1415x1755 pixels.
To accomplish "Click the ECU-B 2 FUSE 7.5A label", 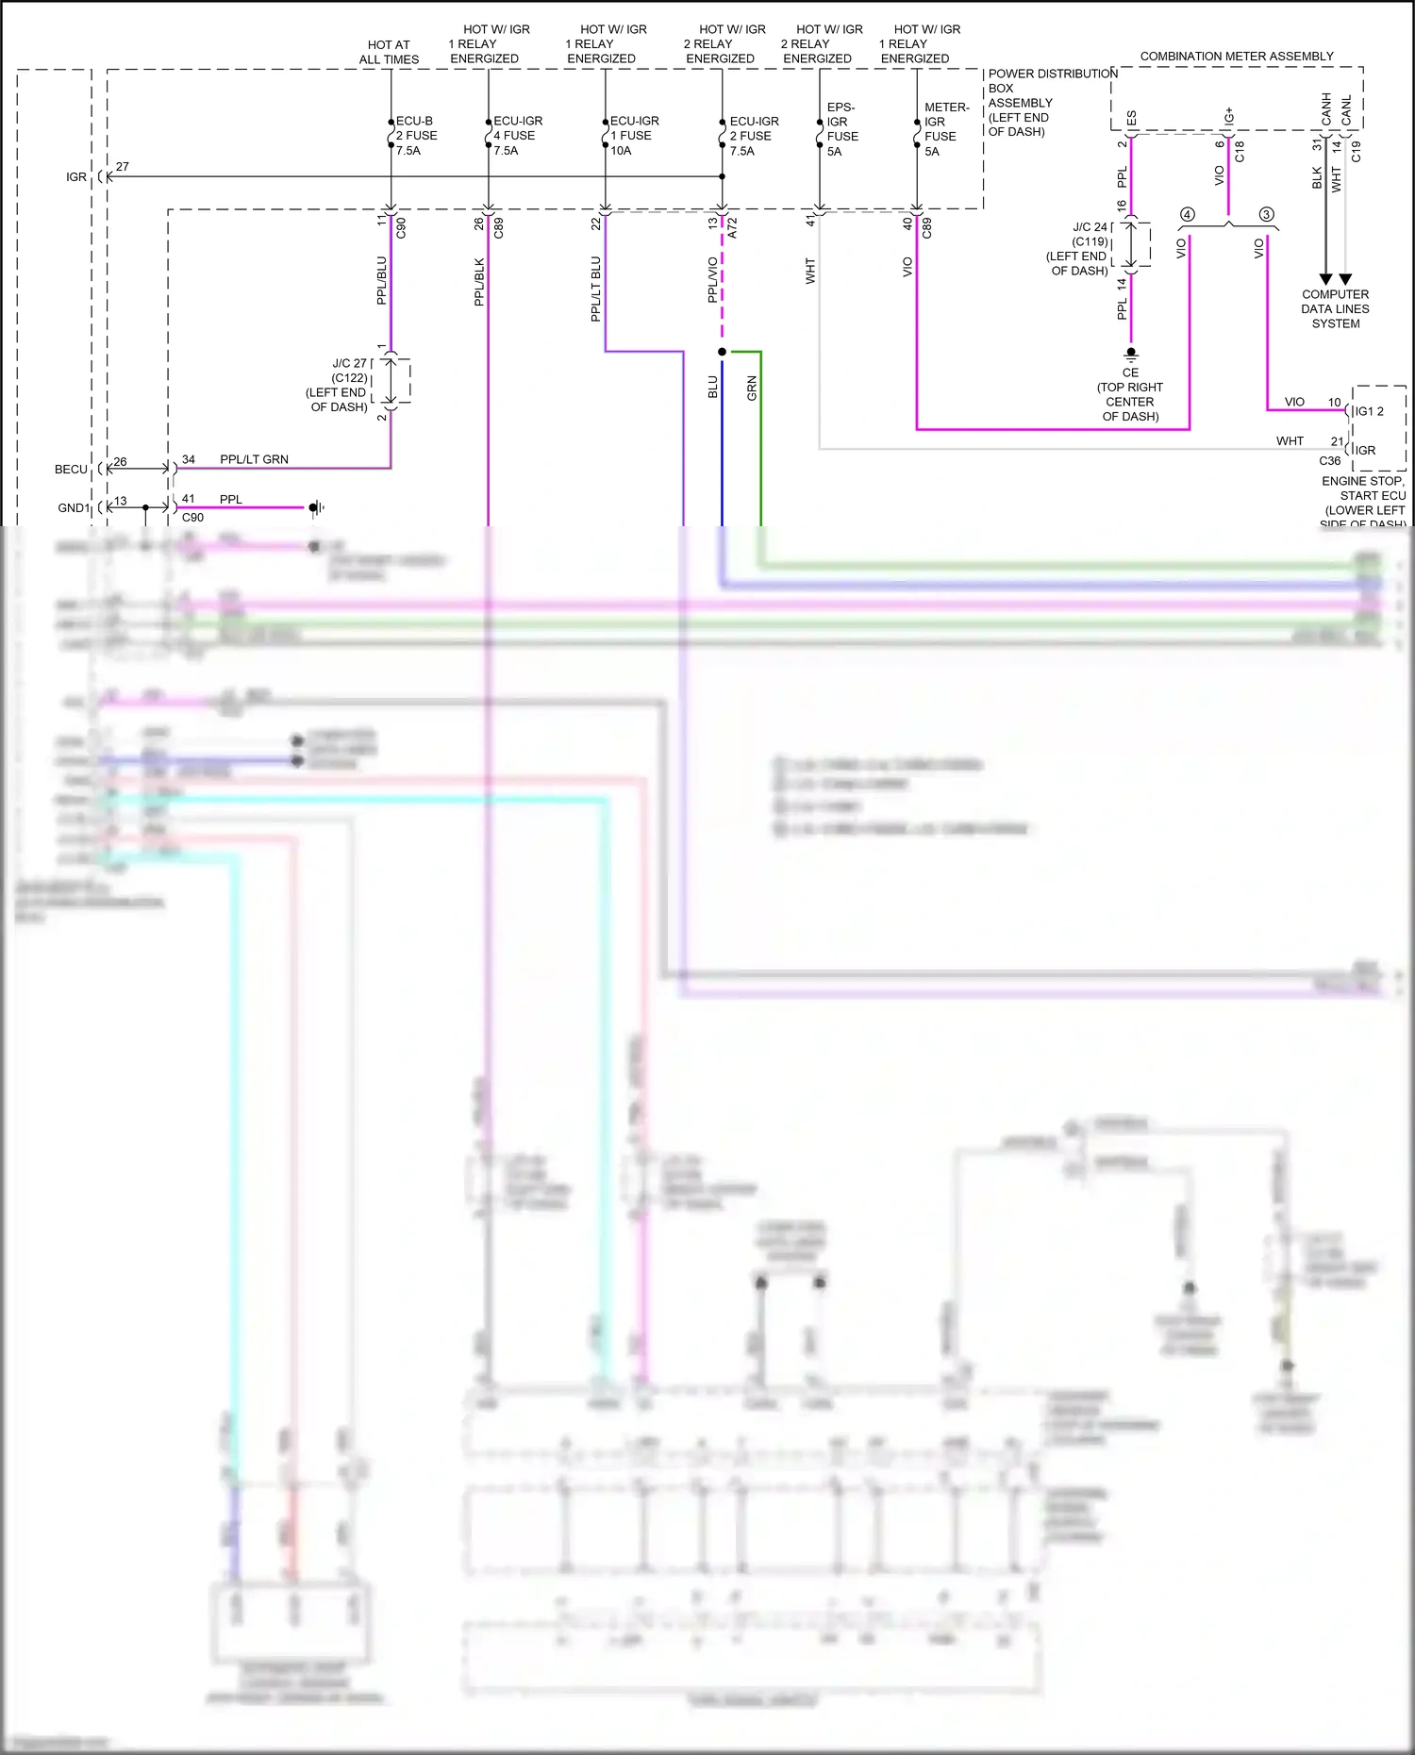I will pos(415,136).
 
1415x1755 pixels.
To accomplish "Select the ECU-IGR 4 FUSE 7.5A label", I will pos(517,136).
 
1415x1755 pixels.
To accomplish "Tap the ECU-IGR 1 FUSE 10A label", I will pos(634,136).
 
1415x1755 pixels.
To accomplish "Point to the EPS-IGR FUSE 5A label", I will pos(841,129).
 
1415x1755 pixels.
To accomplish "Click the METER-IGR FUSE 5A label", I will pos(945,129).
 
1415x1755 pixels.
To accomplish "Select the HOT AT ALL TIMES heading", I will pos(389,52).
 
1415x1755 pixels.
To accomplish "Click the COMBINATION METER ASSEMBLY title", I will pos(1236,57).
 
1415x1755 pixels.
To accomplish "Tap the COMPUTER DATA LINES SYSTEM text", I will pos(1335,309).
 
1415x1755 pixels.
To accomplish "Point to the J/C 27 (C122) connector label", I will pos(338,385).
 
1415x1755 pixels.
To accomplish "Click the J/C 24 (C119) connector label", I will pos(1078,249).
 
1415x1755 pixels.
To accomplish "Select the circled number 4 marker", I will pos(1187,215).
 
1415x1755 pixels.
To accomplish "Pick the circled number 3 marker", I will pos(1266,215).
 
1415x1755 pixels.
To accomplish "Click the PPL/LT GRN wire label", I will pos(254,459).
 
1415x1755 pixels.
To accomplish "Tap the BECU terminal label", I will pos(71,469).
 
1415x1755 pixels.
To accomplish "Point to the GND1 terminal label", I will pos(74,508).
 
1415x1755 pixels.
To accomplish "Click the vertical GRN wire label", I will pos(752,389).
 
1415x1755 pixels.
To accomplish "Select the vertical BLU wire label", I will pos(713,388).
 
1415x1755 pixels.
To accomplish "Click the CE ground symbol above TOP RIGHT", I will pos(1130,356).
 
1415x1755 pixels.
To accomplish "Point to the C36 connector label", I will pos(1329,461).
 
